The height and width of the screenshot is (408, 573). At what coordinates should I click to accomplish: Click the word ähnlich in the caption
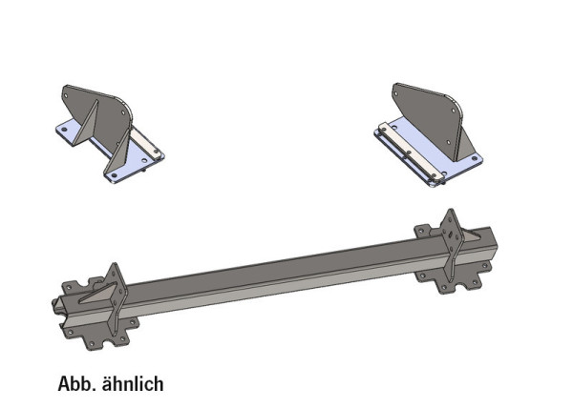pos(133,383)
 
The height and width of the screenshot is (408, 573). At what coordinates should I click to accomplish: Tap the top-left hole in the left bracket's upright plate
pos(66,96)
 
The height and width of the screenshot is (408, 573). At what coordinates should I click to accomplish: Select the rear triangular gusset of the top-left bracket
pos(87,123)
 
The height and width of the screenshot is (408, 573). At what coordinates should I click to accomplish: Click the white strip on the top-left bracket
pos(146,143)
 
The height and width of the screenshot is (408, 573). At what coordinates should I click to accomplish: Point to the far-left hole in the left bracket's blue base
pos(64,130)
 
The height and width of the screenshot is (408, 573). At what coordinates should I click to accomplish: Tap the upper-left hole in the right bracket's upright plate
pos(397,93)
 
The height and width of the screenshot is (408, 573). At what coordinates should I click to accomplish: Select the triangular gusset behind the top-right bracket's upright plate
pos(466,145)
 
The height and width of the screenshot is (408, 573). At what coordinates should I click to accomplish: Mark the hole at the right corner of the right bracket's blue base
pos(475,158)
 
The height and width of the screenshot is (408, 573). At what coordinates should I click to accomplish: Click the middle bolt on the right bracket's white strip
pos(409,153)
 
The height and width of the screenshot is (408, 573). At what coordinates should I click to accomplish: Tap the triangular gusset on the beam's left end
pos(98,293)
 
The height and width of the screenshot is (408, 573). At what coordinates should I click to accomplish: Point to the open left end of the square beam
pos(58,306)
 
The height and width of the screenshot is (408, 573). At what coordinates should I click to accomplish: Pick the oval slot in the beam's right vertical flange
pos(452,235)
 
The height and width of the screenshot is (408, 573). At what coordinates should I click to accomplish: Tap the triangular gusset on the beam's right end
pos(474,236)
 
